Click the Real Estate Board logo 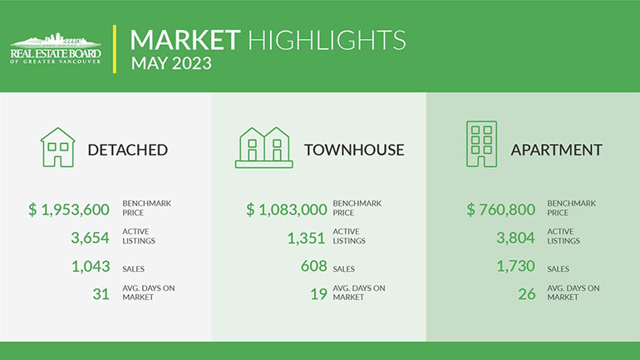click(x=56, y=48)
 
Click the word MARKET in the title click(x=185, y=40)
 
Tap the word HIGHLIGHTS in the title click(x=327, y=40)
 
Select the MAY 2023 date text click(x=171, y=64)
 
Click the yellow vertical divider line click(x=115, y=49)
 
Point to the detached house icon click(x=57, y=147)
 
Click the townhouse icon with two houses click(x=264, y=147)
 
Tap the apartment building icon click(x=481, y=144)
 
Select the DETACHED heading click(x=128, y=150)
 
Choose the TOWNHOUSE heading click(x=354, y=150)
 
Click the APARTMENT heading click(x=556, y=150)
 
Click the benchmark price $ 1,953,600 click(x=69, y=210)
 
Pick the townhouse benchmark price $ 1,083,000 click(x=287, y=210)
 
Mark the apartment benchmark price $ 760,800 click(x=501, y=210)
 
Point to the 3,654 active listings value click(x=91, y=238)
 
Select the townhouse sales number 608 click(x=314, y=266)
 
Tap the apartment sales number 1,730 click(x=515, y=266)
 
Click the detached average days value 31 click(x=101, y=293)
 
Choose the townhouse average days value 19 click(x=319, y=293)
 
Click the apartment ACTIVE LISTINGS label click(x=564, y=236)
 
